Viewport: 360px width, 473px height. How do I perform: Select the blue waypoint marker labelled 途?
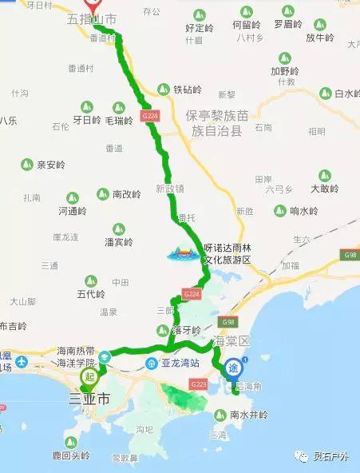pos(232,368)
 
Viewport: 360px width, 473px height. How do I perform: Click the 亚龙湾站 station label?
pos(184,362)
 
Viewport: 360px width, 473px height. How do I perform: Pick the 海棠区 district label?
pos(232,341)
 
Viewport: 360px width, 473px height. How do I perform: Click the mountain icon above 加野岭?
pos(284,57)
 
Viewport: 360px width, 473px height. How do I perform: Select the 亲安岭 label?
pos(50,165)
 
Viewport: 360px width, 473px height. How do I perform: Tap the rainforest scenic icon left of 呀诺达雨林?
pos(180,252)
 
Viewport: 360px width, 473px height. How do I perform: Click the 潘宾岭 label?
pos(118,241)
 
